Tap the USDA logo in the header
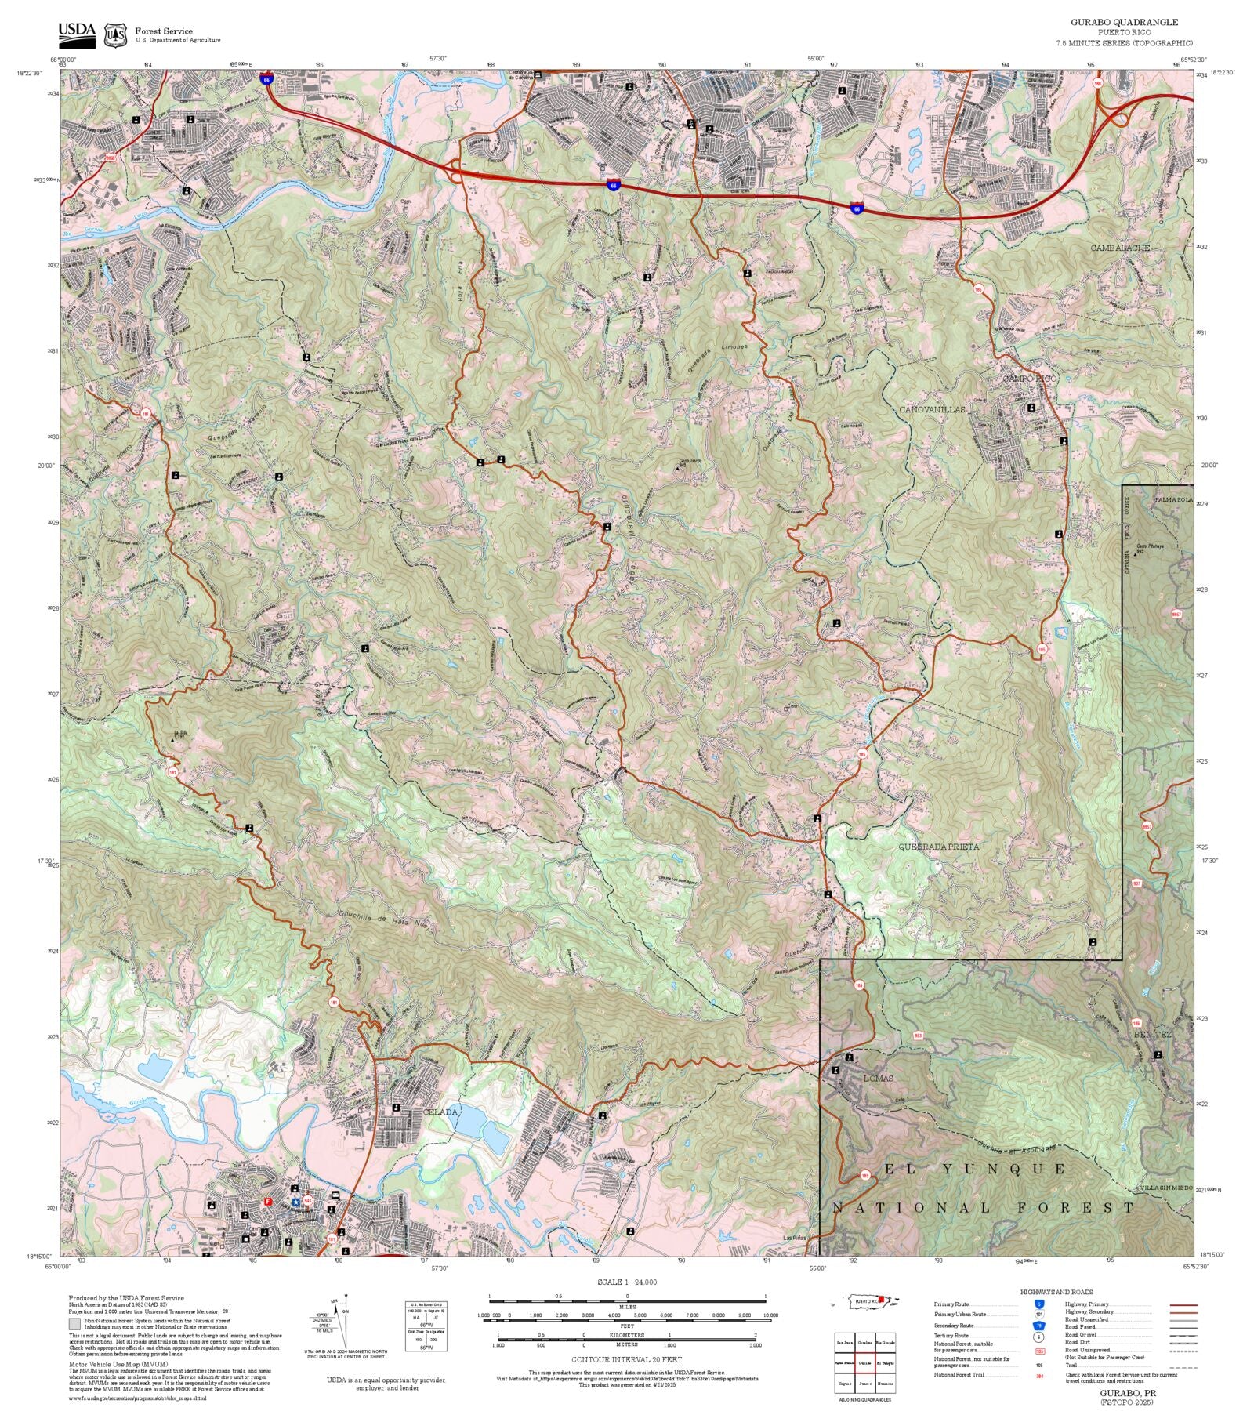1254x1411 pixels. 77,34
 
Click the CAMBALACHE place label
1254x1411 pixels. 1120,248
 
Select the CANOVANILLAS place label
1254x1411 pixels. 932,410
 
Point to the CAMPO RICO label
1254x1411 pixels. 1030,379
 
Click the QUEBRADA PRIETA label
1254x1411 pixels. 938,847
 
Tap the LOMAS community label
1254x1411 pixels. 878,1079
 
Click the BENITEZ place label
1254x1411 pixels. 1152,1035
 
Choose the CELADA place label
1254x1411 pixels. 440,1112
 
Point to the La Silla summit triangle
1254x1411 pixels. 173,738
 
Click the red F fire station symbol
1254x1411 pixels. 268,1202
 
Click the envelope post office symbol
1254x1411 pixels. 335,1195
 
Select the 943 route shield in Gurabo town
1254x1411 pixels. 307,1200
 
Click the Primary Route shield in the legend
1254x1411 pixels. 1039,1304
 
